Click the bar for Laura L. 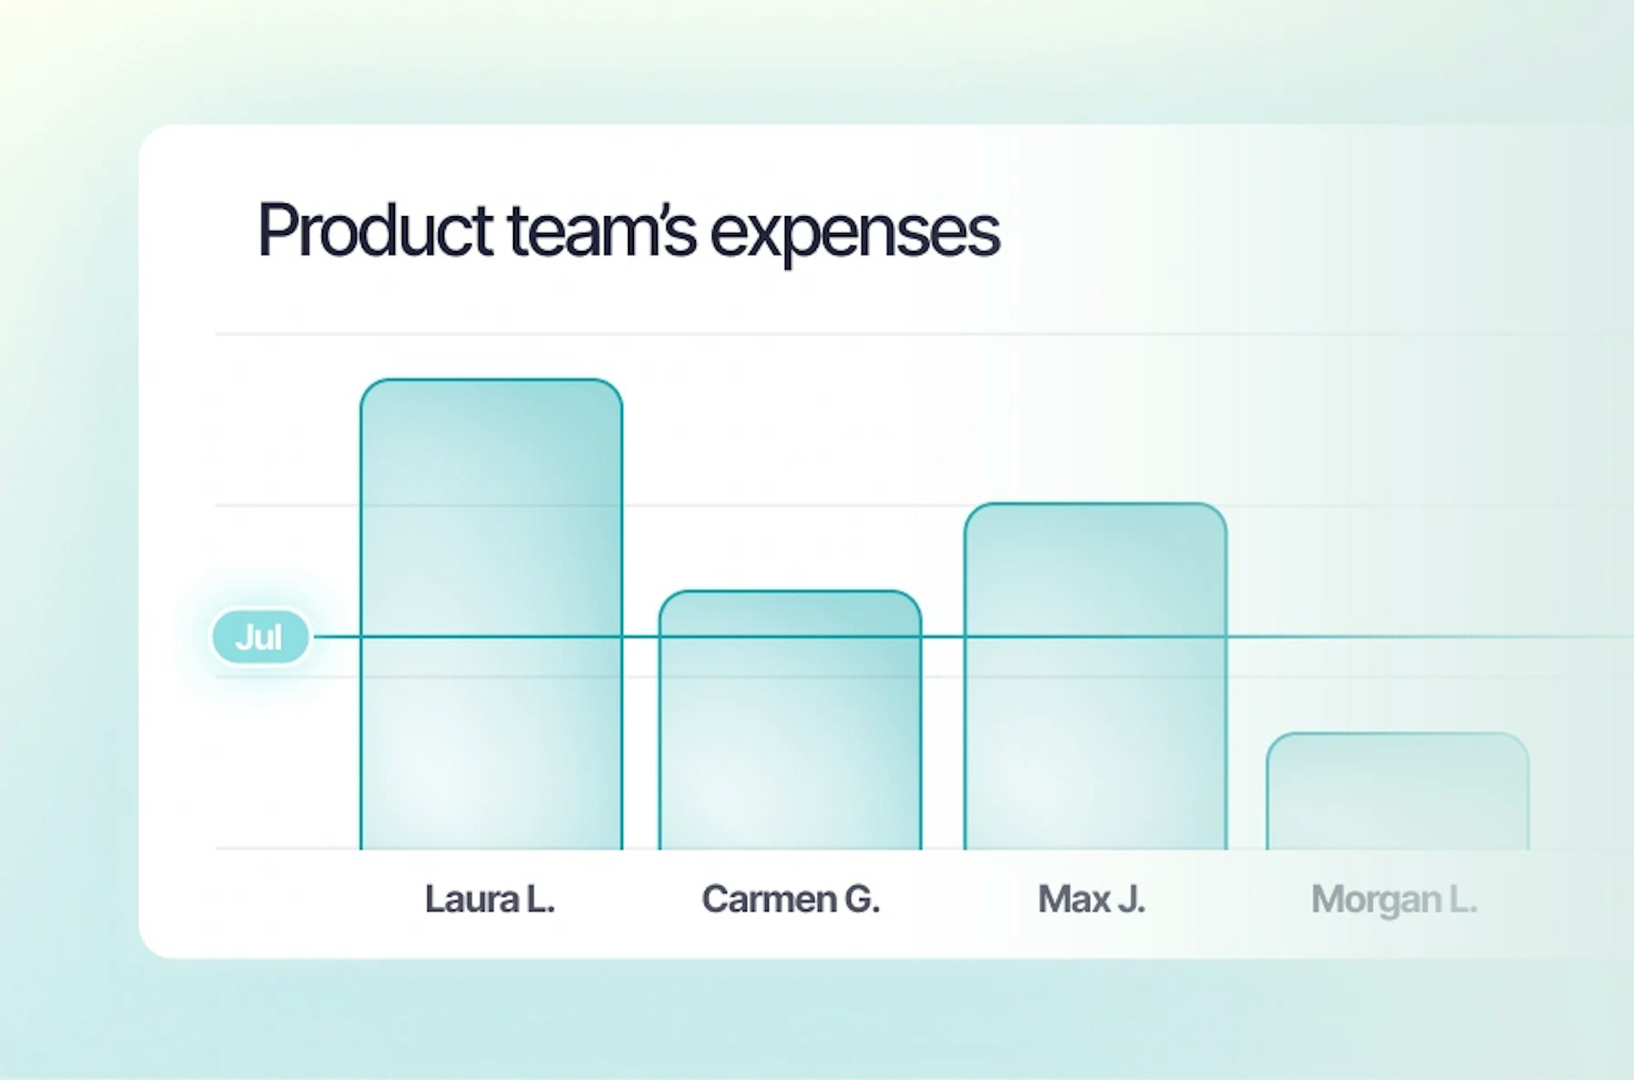pyautogui.click(x=491, y=614)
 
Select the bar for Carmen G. pyautogui.click(x=790, y=720)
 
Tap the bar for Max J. pyautogui.click(x=1095, y=677)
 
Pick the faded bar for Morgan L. pyautogui.click(x=1397, y=791)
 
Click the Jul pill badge pyautogui.click(x=260, y=637)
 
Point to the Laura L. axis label pyautogui.click(x=490, y=900)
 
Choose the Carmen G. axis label pyautogui.click(x=791, y=900)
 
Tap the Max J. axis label pyautogui.click(x=1092, y=900)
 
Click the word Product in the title pyautogui.click(x=375, y=230)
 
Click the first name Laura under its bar pyautogui.click(x=472, y=900)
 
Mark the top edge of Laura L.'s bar pyautogui.click(x=491, y=380)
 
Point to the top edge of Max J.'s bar pyautogui.click(x=1095, y=504)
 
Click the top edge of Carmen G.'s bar pyautogui.click(x=790, y=591)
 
